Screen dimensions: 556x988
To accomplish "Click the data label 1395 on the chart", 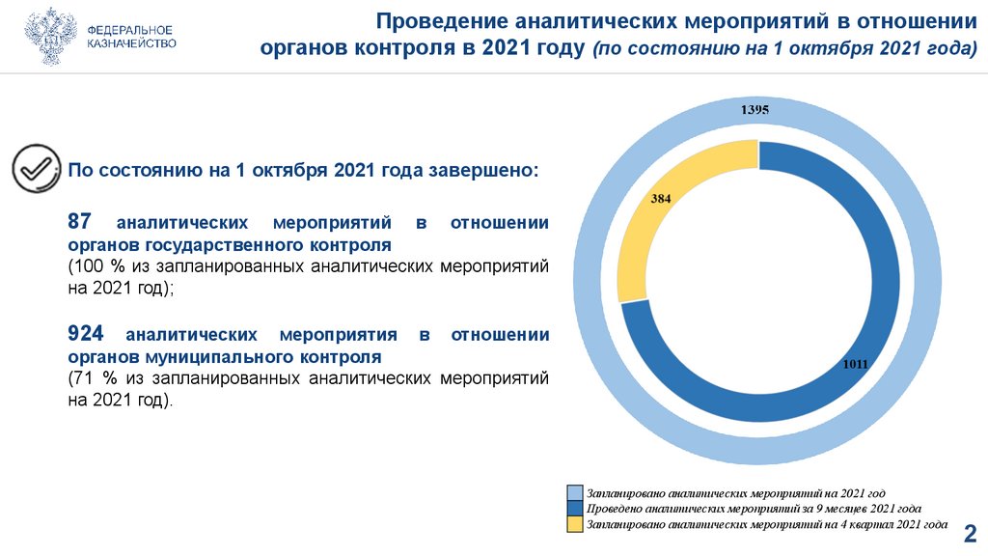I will click(755, 110).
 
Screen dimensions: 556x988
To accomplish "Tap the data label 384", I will click(660, 198).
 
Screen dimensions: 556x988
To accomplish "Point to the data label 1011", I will click(855, 364).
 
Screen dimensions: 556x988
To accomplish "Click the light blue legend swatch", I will click(575, 493).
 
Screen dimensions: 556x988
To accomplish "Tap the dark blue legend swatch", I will click(575, 509).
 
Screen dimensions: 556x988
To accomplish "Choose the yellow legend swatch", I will click(575, 524).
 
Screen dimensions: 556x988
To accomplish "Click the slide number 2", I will click(970, 533).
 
